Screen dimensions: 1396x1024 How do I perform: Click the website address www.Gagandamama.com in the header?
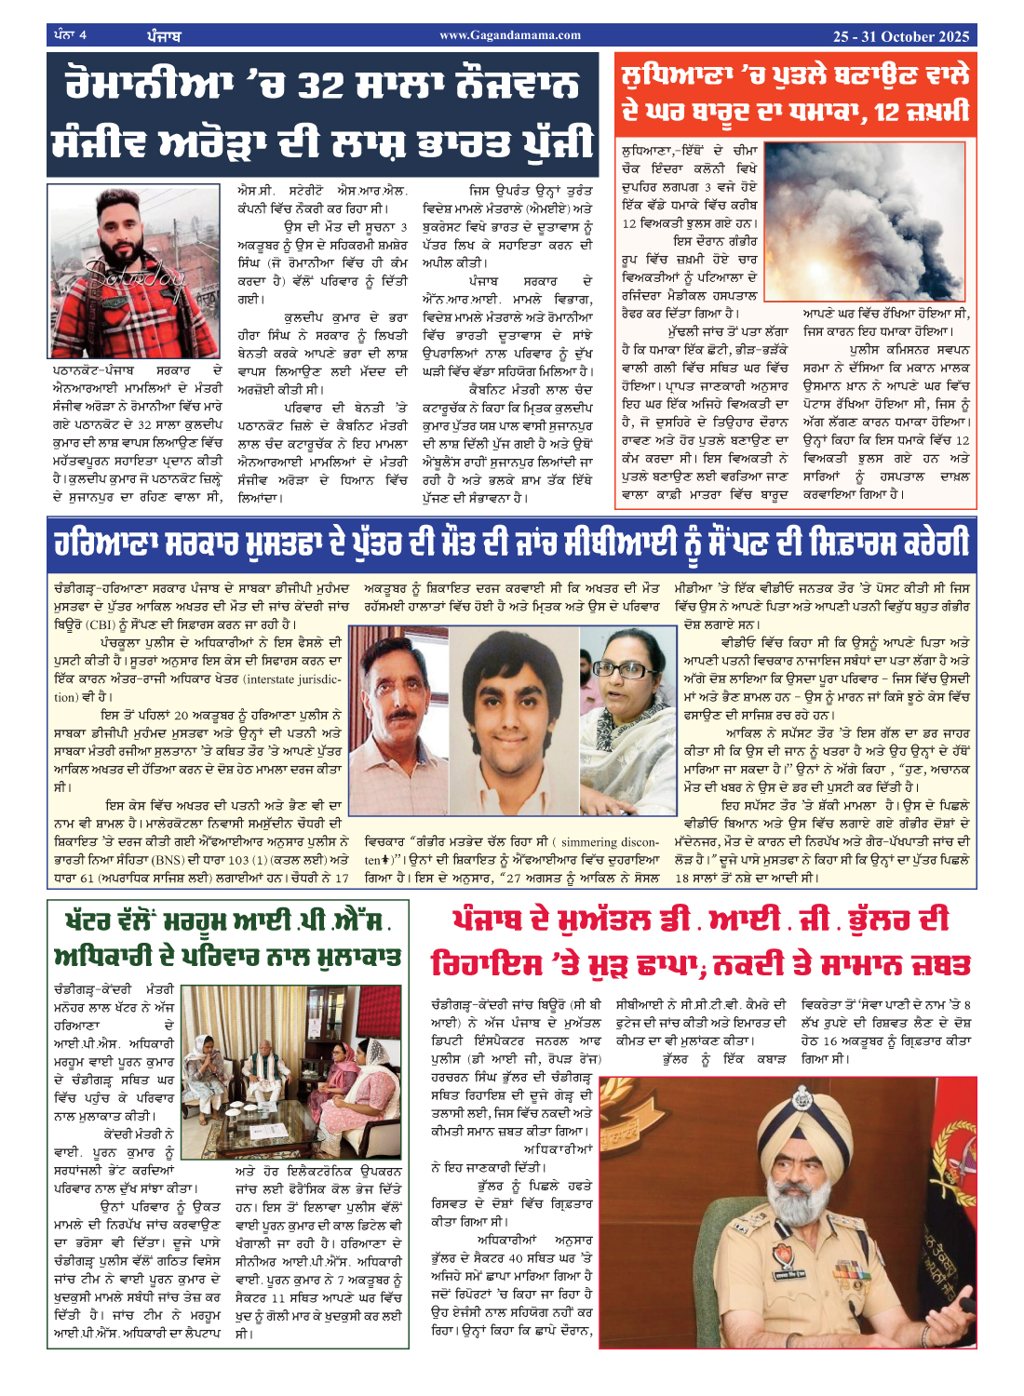510,35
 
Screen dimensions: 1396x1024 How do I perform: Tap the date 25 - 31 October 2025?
900,36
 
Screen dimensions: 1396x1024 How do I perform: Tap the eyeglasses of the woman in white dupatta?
623,670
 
